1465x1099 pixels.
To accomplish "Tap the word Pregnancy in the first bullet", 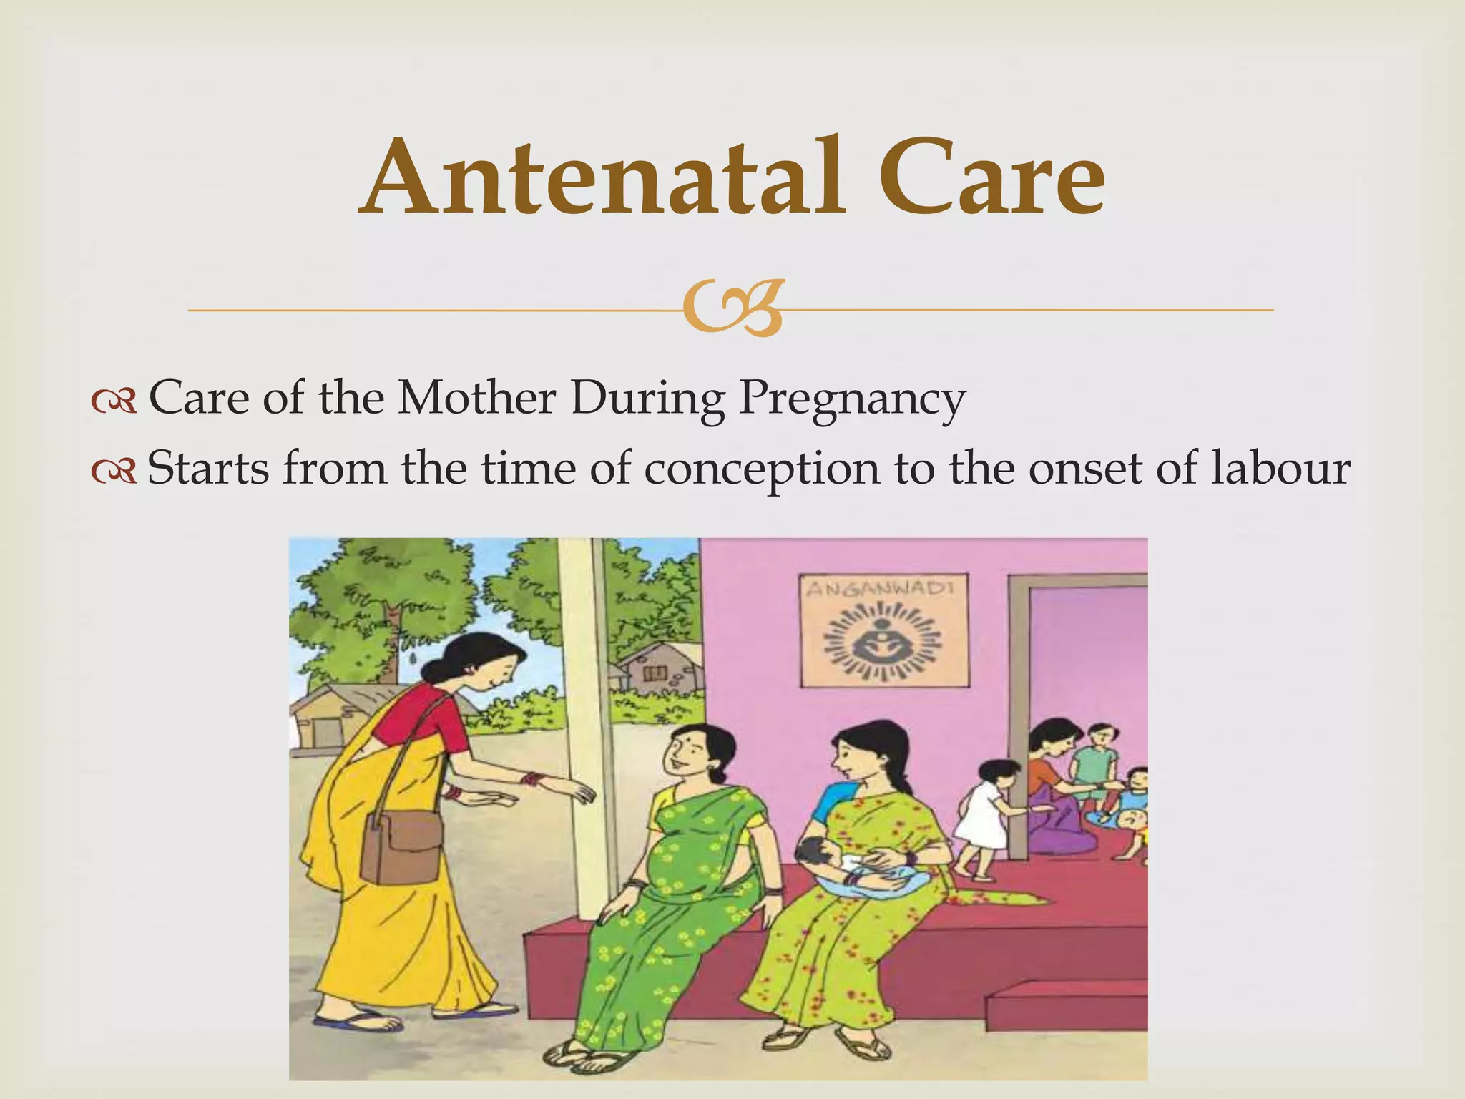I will tap(851, 398).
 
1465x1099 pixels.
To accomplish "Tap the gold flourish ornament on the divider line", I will tap(732, 309).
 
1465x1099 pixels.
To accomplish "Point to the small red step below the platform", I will tap(1066, 1007).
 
